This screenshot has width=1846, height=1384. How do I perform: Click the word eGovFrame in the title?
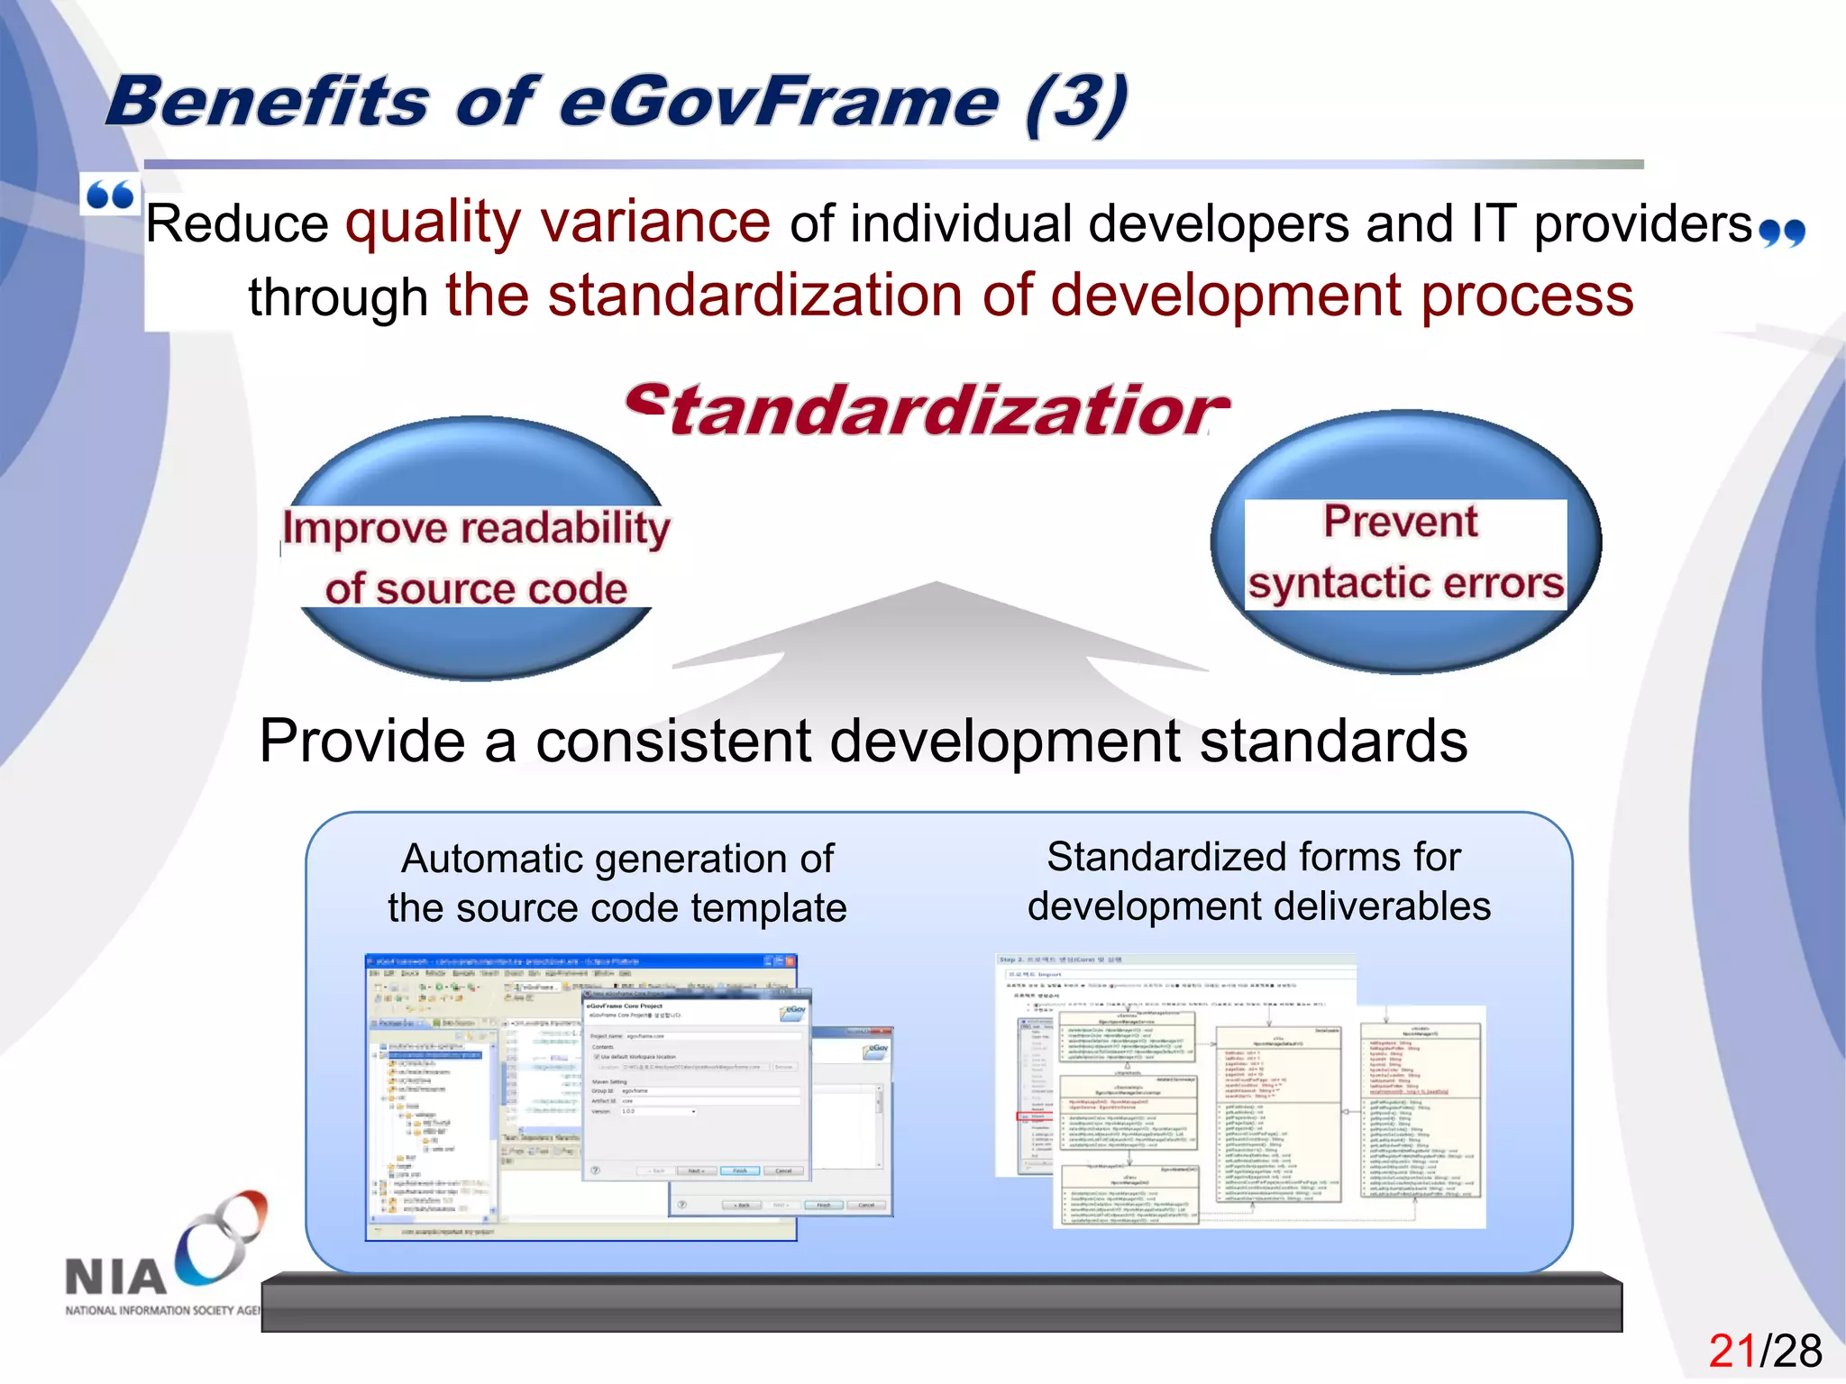pyautogui.click(x=779, y=102)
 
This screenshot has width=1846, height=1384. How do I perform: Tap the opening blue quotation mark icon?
pyautogui.click(x=110, y=195)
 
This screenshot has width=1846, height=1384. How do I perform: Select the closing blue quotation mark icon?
pyautogui.click(x=1782, y=232)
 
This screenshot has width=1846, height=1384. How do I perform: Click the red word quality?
pyautogui.click(x=433, y=222)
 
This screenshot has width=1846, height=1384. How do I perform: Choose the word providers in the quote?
pyautogui.click(x=1642, y=223)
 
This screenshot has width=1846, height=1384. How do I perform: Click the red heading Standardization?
pyautogui.click(x=927, y=411)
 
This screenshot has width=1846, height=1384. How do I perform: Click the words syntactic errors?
pyautogui.click(x=1405, y=583)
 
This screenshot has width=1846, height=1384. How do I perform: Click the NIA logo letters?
pyautogui.click(x=115, y=1276)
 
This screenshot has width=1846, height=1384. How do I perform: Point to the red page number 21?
pyautogui.click(x=1732, y=1351)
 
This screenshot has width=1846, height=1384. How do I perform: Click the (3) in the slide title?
pyautogui.click(x=1076, y=104)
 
